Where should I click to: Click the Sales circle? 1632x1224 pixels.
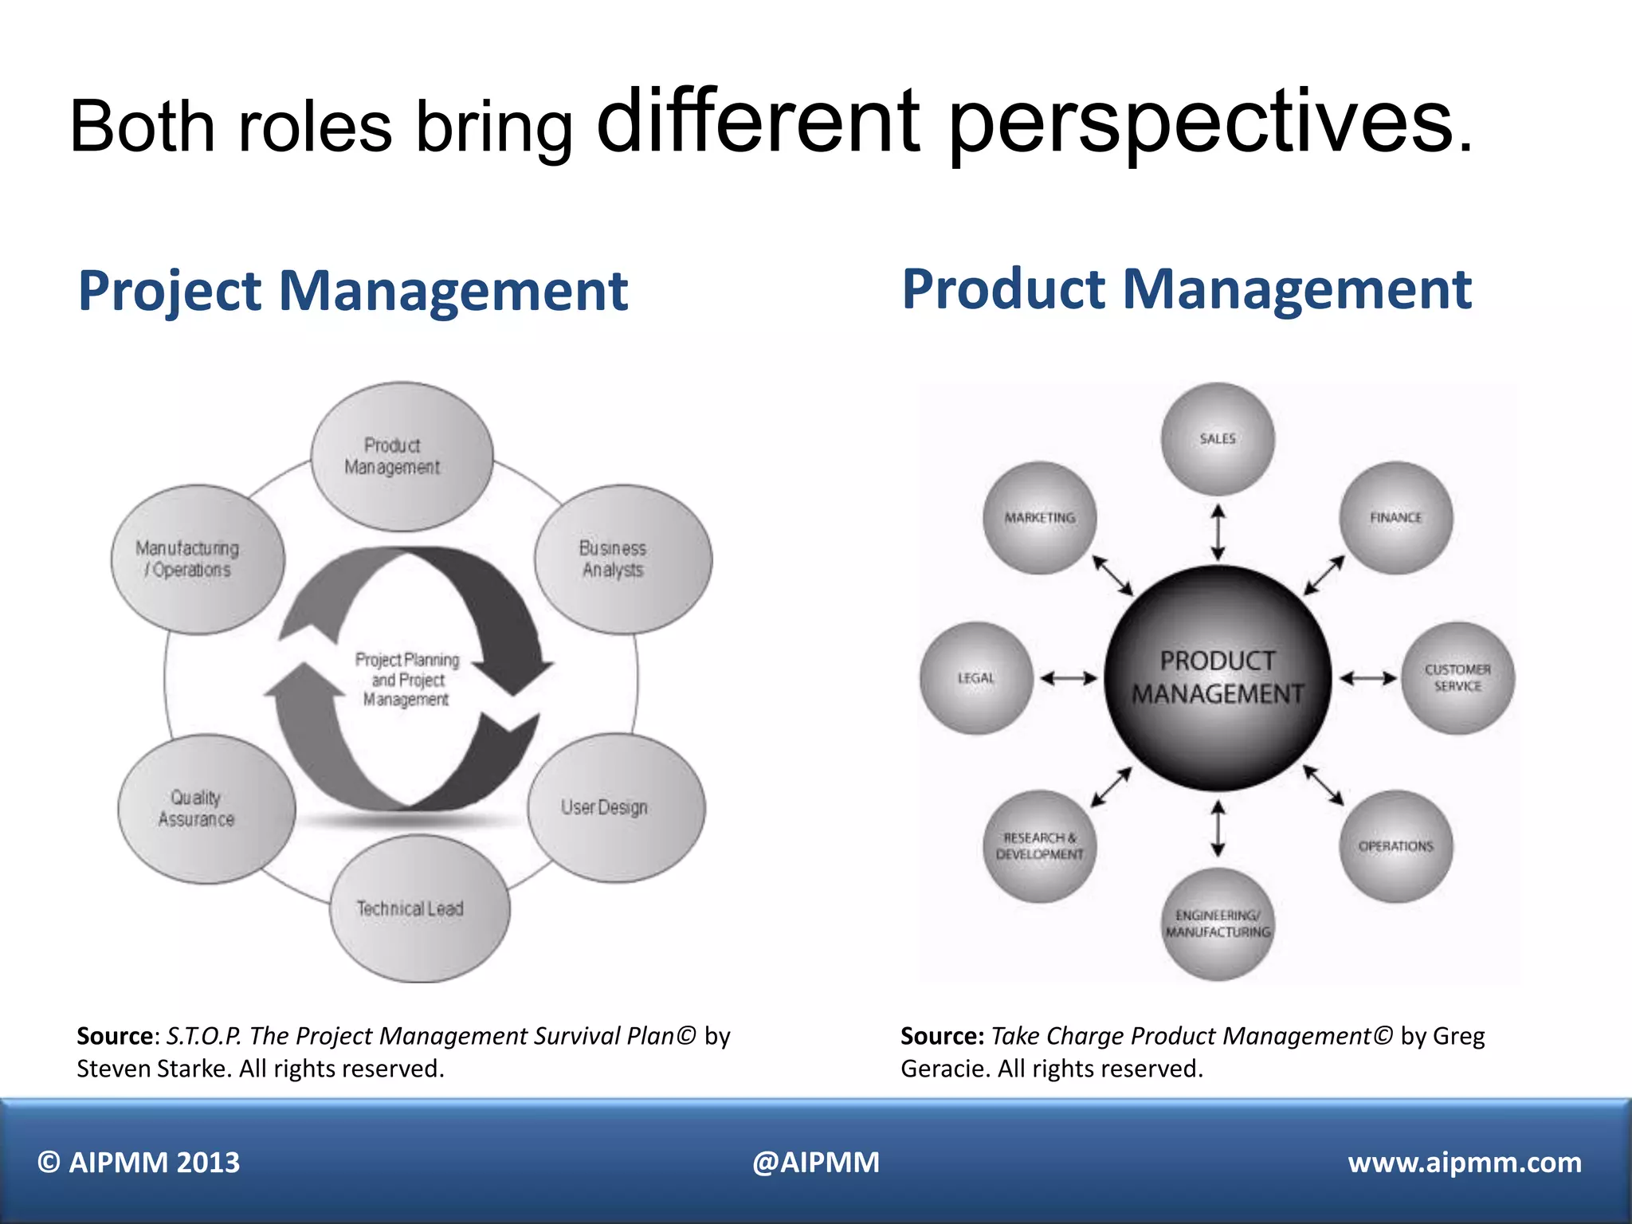click(x=1217, y=439)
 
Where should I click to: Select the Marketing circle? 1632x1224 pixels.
click(x=1039, y=518)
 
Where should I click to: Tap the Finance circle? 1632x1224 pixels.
click(x=1395, y=518)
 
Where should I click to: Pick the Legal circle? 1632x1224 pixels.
click(x=976, y=678)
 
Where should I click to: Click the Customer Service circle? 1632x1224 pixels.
click(x=1457, y=678)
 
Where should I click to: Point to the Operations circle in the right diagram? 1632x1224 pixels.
click(x=1395, y=846)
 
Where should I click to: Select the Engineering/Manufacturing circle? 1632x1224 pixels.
click(x=1217, y=924)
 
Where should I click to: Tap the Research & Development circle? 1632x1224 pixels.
click(x=1039, y=846)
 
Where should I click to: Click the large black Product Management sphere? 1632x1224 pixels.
click(x=1217, y=678)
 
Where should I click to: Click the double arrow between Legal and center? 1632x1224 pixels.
click(x=1069, y=679)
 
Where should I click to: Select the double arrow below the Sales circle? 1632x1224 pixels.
click(x=1218, y=532)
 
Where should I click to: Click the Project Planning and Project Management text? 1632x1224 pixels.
click(x=406, y=680)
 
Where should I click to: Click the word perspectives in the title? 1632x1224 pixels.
click(x=1209, y=124)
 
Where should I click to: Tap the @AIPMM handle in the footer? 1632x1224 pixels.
click(x=815, y=1163)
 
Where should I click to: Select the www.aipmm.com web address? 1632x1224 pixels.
click(x=1464, y=1163)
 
